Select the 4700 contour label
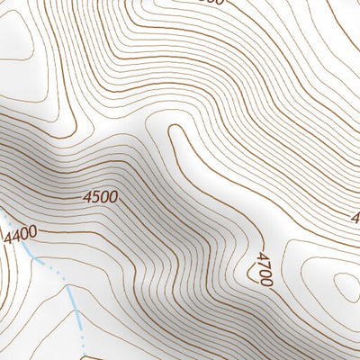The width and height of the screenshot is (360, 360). tap(263, 269)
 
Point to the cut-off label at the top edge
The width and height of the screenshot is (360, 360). tap(209, 3)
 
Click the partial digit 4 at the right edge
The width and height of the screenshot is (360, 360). tap(355, 218)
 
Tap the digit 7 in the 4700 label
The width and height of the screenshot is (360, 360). tap(263, 264)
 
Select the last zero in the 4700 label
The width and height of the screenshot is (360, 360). tap(264, 282)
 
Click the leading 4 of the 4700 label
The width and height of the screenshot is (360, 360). tap(262, 256)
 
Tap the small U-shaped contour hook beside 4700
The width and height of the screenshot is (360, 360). tap(253, 270)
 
